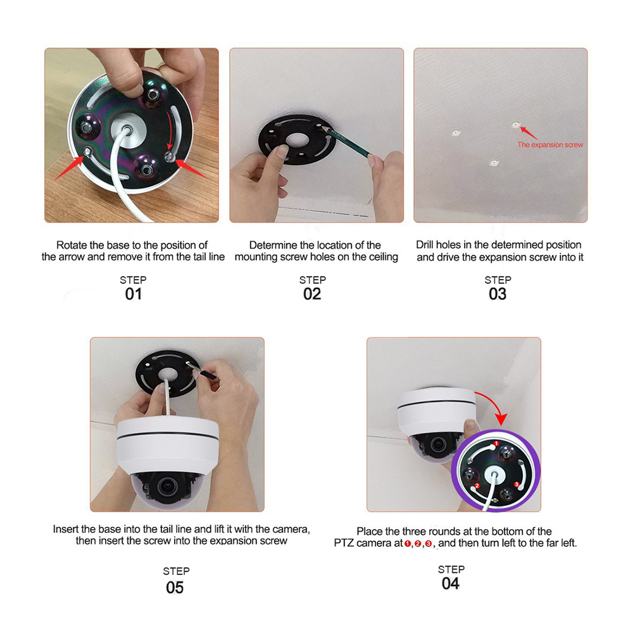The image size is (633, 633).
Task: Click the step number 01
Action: [x=133, y=294]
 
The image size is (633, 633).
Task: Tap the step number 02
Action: [x=312, y=294]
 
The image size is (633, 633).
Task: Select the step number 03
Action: [x=498, y=294]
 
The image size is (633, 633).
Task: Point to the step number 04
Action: [x=451, y=584]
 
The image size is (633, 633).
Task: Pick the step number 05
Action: [x=175, y=587]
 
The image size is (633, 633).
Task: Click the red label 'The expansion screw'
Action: [x=550, y=144]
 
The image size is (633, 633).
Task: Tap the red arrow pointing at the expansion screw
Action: [x=529, y=133]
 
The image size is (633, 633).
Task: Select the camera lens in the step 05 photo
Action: [x=166, y=486]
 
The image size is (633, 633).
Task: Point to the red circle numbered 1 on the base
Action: [x=496, y=444]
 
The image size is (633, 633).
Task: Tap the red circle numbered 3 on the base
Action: [x=517, y=484]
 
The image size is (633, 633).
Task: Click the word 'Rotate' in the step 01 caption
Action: [x=72, y=245]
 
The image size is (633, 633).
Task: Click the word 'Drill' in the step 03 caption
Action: [x=425, y=244]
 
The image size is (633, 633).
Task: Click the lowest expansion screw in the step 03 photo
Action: [x=494, y=163]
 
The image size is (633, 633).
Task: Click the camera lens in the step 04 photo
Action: [x=437, y=444]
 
